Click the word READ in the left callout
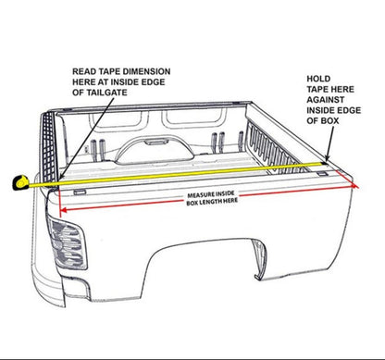coord(83,70)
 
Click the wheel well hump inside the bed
coord(163,148)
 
